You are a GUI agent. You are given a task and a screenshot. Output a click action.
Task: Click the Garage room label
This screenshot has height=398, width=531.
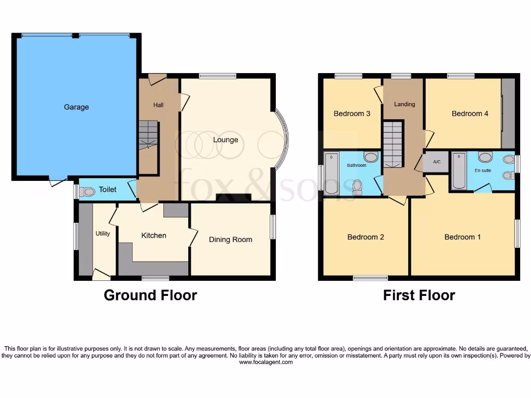click(x=76, y=107)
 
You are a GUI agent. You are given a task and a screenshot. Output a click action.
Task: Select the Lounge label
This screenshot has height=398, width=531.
click(x=226, y=140)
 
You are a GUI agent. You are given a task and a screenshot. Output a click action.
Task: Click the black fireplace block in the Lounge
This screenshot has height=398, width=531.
click(x=233, y=197)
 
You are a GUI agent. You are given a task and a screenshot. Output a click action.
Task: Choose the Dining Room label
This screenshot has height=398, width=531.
click(x=230, y=239)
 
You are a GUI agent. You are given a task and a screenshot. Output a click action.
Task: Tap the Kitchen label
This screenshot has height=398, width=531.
click(x=154, y=235)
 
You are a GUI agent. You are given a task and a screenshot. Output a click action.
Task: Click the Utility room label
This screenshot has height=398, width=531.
click(x=103, y=234)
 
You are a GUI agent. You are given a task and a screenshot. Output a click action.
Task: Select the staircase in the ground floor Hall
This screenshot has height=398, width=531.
click(x=148, y=135)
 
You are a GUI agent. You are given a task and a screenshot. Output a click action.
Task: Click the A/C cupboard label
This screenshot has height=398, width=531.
click(x=437, y=162)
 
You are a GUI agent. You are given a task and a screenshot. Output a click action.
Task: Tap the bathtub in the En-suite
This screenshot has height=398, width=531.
click(x=459, y=170)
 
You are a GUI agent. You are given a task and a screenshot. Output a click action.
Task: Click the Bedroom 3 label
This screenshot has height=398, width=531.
click(x=352, y=113)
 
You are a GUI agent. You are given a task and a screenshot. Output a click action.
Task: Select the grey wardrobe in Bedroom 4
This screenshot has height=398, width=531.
click(x=508, y=113)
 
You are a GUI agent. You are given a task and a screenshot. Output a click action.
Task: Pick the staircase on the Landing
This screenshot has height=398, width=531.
click(x=393, y=144)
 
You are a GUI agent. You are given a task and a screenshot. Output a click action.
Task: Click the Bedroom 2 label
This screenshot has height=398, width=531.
click(x=366, y=237)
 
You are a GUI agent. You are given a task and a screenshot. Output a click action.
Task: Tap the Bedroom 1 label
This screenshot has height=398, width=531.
click(x=463, y=237)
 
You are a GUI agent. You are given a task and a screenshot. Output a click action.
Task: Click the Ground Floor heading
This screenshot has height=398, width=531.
click(x=150, y=295)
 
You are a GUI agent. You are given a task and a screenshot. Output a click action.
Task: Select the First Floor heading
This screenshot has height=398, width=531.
click(x=419, y=295)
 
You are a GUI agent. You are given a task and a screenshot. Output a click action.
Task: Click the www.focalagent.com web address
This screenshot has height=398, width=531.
click(x=265, y=362)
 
